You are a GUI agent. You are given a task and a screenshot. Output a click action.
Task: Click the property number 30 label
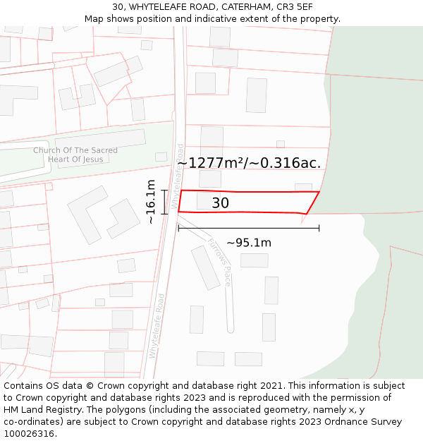[x=220, y=203]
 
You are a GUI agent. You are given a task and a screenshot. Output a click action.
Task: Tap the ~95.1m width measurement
[x=248, y=243]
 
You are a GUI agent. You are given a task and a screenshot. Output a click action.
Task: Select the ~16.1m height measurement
[x=151, y=201]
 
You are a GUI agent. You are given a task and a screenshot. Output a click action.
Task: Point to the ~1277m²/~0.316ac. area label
[x=249, y=163]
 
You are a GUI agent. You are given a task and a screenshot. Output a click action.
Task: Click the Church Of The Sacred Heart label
[x=75, y=155]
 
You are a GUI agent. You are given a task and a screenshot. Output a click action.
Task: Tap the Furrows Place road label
[x=219, y=261]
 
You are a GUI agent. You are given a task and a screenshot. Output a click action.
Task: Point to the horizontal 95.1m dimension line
[x=248, y=228]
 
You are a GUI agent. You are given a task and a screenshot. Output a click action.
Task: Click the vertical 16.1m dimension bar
[x=164, y=201]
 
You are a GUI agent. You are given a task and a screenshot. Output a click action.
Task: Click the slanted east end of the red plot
[x=313, y=203]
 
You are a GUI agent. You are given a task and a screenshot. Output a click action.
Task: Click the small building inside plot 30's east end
[x=303, y=188]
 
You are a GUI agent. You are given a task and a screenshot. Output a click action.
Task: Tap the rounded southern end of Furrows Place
[x=231, y=329]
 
